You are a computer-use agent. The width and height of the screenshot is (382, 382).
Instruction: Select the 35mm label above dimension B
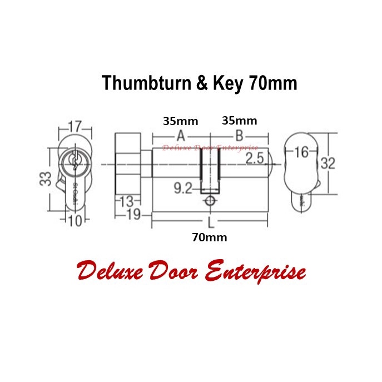tap(239, 121)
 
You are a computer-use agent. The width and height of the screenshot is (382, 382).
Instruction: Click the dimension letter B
tap(239, 136)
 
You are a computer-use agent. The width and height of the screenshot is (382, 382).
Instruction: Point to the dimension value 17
tap(75, 126)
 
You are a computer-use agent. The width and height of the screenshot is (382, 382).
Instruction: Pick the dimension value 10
tap(75, 221)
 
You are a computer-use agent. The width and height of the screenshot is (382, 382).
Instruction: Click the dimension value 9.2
tap(181, 188)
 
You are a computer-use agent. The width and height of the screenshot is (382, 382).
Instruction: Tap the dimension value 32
tap(329, 163)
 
